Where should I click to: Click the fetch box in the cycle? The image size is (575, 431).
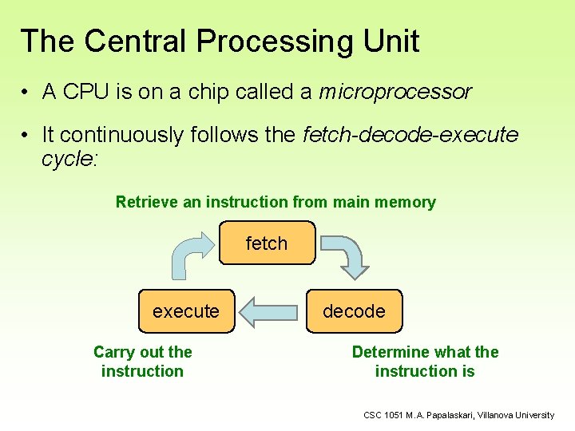[x=267, y=243]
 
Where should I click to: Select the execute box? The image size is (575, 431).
[x=186, y=311]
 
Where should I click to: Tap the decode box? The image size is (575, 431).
[x=354, y=311]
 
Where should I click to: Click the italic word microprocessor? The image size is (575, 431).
[x=395, y=92]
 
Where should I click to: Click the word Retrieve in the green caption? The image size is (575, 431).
[x=147, y=202]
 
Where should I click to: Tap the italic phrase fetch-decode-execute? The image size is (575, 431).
[x=410, y=135]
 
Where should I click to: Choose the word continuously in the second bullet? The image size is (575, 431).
[x=125, y=135]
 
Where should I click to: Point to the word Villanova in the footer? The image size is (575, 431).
[x=495, y=415]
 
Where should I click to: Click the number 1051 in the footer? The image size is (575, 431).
[x=395, y=415]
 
